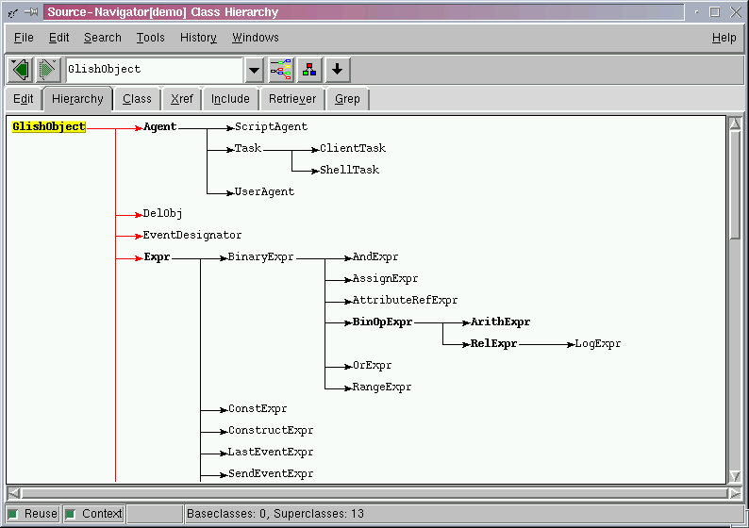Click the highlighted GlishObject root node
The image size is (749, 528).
[x=49, y=126]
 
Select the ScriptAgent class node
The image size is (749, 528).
[x=271, y=127]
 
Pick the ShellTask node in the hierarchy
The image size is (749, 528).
[x=349, y=170]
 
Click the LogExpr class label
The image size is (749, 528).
[x=597, y=344]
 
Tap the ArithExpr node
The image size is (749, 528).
[x=500, y=322]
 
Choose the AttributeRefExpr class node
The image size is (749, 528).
[x=405, y=300]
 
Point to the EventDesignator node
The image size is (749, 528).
[x=192, y=236]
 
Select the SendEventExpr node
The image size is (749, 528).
[x=271, y=474]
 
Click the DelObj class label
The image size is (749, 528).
[x=162, y=213]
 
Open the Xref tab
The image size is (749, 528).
[x=181, y=99]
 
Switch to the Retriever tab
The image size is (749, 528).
[x=292, y=99]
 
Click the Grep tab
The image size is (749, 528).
[x=347, y=99]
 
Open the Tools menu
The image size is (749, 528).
[x=151, y=37]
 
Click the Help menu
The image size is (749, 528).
[x=724, y=37]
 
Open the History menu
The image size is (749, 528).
[x=198, y=37]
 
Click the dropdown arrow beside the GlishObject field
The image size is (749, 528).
[x=254, y=70]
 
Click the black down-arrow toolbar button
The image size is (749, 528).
[x=338, y=70]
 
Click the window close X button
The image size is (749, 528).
[x=736, y=12]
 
